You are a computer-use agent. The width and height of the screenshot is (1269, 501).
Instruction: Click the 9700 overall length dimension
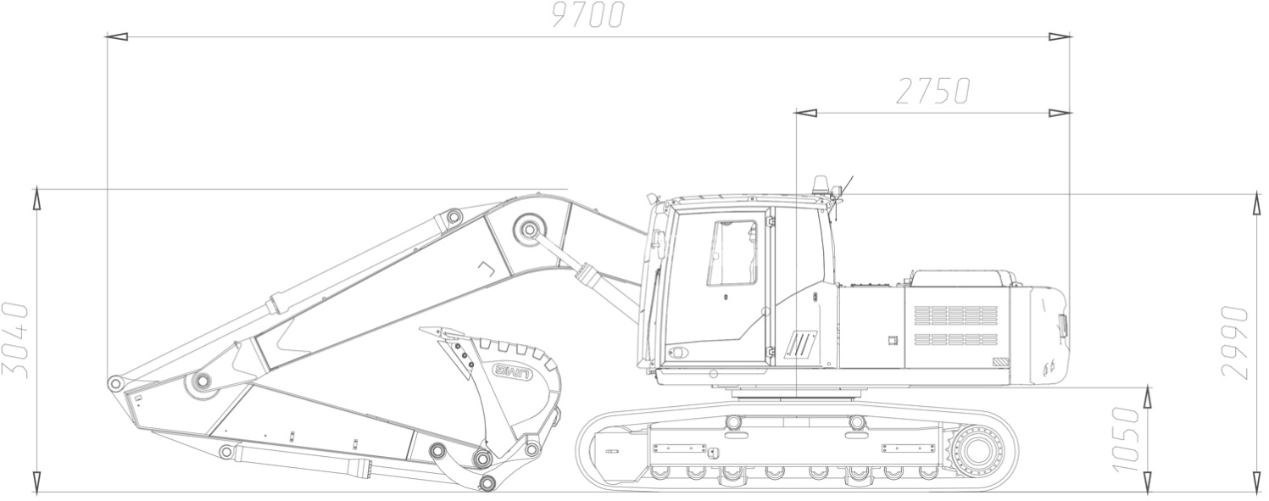click(588, 14)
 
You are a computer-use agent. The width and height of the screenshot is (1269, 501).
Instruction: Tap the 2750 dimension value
click(933, 91)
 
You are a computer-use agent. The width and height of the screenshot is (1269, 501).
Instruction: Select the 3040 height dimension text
click(15, 340)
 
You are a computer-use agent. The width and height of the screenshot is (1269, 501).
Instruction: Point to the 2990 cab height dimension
click(1234, 342)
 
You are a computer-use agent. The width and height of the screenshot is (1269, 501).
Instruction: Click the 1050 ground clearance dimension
click(1125, 439)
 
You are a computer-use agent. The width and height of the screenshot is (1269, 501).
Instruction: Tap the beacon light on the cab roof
click(821, 185)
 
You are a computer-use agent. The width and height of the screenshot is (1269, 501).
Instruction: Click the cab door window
click(732, 253)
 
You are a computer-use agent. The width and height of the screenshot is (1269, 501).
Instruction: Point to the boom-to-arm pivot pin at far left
click(115, 383)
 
